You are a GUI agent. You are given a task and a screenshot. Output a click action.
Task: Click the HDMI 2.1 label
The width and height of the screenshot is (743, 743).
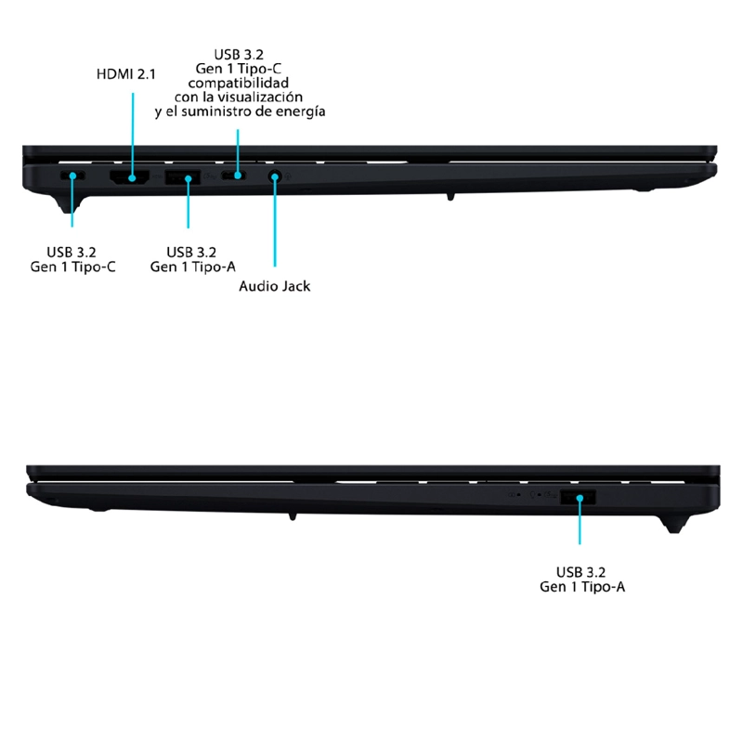coord(126,74)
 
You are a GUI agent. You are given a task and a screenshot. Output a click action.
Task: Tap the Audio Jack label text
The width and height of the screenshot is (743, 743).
coord(274,286)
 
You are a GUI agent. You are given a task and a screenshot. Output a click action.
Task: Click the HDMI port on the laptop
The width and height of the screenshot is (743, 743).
coord(129,176)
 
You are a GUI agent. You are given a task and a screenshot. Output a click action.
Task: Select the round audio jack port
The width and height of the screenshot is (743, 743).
coord(274,176)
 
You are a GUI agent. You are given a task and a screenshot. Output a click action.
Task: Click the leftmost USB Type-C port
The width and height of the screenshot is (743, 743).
coord(72,176)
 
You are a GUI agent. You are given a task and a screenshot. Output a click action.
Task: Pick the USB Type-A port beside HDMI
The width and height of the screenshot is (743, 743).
coord(182,177)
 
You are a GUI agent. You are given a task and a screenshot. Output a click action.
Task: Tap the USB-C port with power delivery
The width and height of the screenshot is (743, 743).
coord(234,176)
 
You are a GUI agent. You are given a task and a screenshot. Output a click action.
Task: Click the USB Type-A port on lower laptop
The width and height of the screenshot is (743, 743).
coord(578,497)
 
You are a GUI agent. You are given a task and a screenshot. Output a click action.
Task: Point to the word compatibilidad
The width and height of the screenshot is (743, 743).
coord(239,83)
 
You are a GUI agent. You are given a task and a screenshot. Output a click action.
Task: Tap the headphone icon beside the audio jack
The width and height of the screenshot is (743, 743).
coord(288,176)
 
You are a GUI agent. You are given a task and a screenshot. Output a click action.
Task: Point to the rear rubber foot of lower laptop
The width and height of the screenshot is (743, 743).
coord(674,525)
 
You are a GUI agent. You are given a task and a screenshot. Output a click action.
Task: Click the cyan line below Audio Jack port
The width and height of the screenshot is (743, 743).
coord(275,222)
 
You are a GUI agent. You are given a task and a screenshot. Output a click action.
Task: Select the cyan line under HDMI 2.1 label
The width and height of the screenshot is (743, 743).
coord(133,136)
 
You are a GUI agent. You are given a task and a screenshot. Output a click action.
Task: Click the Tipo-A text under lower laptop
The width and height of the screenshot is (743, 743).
coord(603,587)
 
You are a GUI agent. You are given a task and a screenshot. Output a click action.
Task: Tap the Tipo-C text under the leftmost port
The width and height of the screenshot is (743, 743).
coord(94,267)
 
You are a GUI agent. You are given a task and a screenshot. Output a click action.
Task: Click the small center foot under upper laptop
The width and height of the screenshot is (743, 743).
coord(450,197)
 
